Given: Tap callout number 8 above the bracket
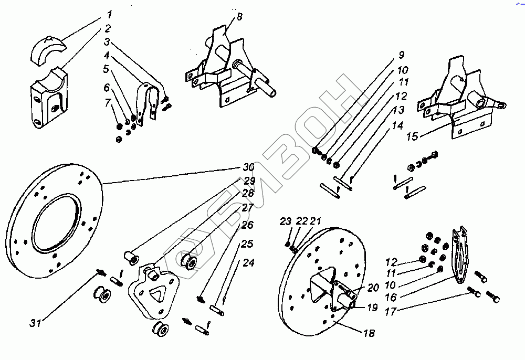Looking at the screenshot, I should pos(239,16).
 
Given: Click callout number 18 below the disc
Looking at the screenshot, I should pos(371,333).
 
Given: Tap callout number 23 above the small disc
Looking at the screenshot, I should pos(285,221).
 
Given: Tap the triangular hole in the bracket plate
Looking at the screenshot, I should pos(157,294).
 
